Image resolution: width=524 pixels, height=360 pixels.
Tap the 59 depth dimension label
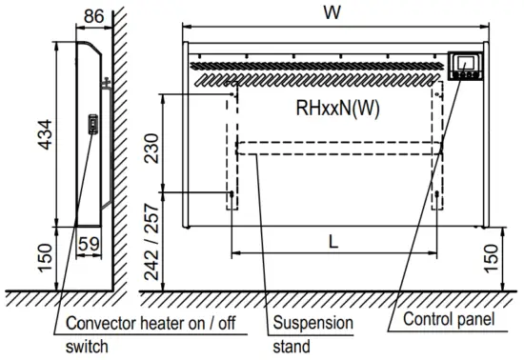coord(89,243)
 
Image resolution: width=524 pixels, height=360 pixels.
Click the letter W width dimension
coord(332,12)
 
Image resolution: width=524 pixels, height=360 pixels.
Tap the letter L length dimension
coord(333,242)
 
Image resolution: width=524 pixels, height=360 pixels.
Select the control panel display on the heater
coord(466,66)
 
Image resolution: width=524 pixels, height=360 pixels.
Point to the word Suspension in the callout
coord(312,323)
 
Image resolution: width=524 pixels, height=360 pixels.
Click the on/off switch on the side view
coord(92,124)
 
